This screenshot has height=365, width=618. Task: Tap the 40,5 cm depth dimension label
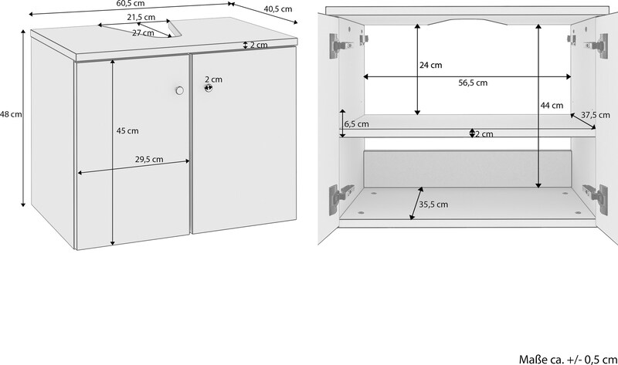pyautogui.click(x=278, y=8)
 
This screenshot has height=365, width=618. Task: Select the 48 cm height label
pyautogui.click(x=11, y=114)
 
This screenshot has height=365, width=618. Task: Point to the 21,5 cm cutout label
pyautogui.click(x=141, y=17)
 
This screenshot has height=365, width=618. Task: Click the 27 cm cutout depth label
pyautogui.click(x=143, y=33)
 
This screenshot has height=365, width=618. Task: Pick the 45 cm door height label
pyautogui.click(x=127, y=130)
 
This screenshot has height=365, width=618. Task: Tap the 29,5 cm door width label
pyautogui.click(x=149, y=160)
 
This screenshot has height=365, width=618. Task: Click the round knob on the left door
pyautogui.click(x=180, y=90)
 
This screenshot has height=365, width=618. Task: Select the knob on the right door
pyautogui.click(x=209, y=88)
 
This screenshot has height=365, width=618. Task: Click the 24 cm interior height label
pyautogui.click(x=431, y=66)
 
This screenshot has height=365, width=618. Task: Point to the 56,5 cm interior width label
pyautogui.click(x=473, y=83)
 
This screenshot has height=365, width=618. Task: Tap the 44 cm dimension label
pyautogui.click(x=552, y=106)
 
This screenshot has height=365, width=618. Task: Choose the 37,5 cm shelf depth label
pyautogui.click(x=596, y=115)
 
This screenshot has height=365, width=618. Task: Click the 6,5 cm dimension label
pyautogui.click(x=357, y=124)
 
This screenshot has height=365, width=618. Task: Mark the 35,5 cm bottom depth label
pyautogui.click(x=433, y=204)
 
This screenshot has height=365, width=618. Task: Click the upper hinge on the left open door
pyautogui.click(x=340, y=46)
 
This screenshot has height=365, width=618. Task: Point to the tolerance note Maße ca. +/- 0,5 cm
pyautogui.click(x=568, y=359)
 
